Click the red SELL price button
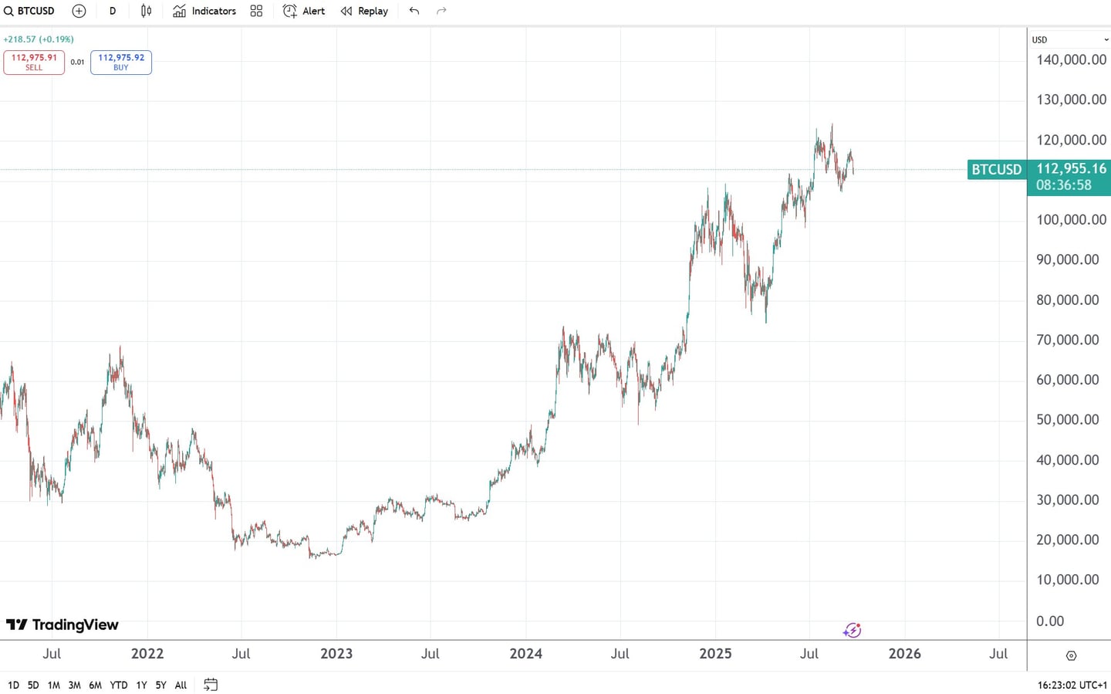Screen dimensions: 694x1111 (x=34, y=62)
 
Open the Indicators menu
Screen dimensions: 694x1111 (x=204, y=11)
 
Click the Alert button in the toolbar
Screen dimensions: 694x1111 (x=304, y=11)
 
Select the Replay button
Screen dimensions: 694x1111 (x=365, y=11)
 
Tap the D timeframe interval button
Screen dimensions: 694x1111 (x=113, y=11)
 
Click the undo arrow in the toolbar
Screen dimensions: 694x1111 (x=414, y=11)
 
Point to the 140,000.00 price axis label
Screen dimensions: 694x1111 (x=1071, y=59)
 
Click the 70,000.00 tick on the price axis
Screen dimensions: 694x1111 (x=1067, y=340)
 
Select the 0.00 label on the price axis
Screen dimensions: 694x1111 (x=1050, y=621)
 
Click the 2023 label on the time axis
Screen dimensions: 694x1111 (x=336, y=654)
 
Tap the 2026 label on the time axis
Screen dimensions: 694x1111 (x=904, y=654)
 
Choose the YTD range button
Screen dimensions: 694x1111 (x=119, y=685)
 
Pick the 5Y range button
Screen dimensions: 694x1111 (x=160, y=685)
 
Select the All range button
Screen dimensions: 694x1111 (x=181, y=685)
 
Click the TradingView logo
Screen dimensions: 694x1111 (x=62, y=625)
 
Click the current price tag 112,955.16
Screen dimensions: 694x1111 (x=1070, y=169)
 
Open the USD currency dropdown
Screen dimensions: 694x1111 (x=1069, y=39)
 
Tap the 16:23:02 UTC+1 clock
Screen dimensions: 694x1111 (x=1072, y=685)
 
